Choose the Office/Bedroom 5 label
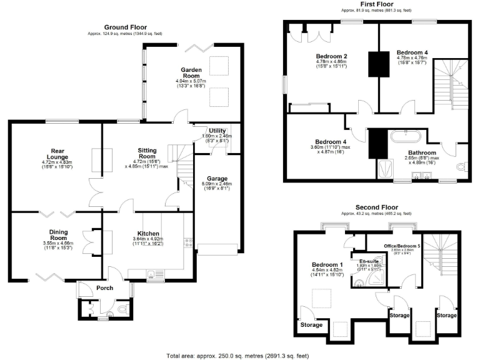point(402,246)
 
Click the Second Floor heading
point(376,207)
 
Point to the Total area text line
point(237,356)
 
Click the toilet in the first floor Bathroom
point(461,166)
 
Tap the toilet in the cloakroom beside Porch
point(122,309)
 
